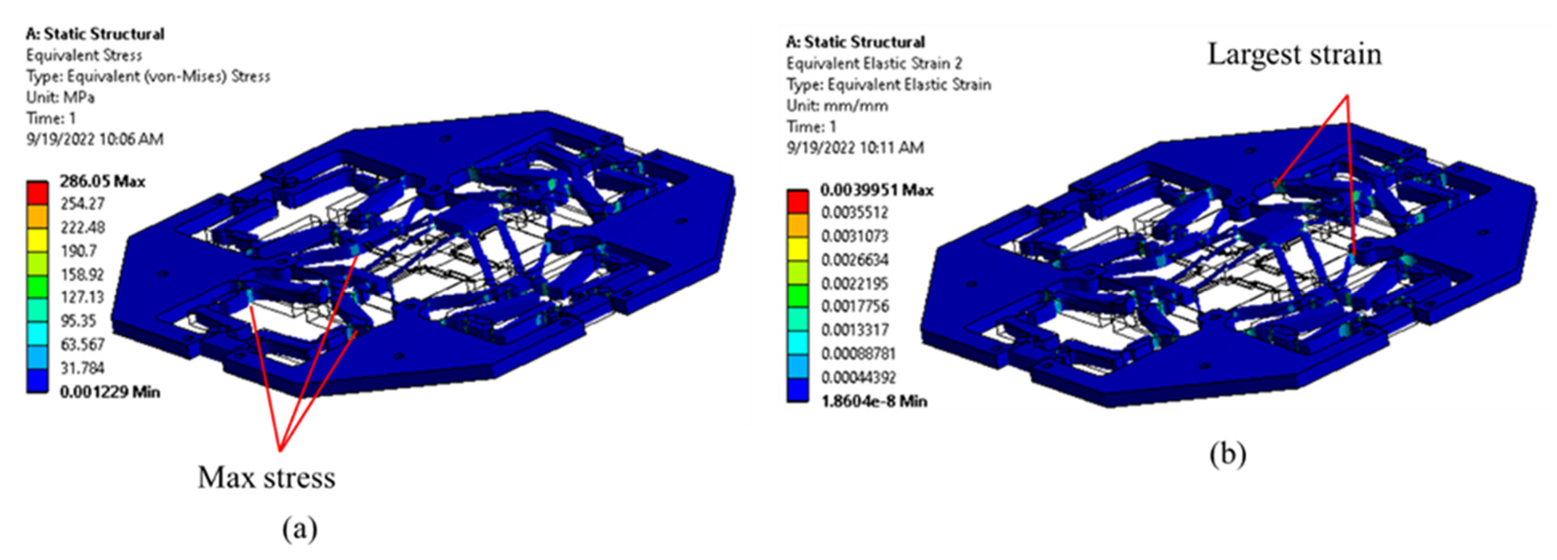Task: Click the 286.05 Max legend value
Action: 102,181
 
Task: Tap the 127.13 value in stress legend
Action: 82,297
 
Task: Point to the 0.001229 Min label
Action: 110,392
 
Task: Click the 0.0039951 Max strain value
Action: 876,190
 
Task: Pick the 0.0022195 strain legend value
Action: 855,283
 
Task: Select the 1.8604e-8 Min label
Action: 873,401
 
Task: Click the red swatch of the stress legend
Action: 37,193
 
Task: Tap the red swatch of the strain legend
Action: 797,201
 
